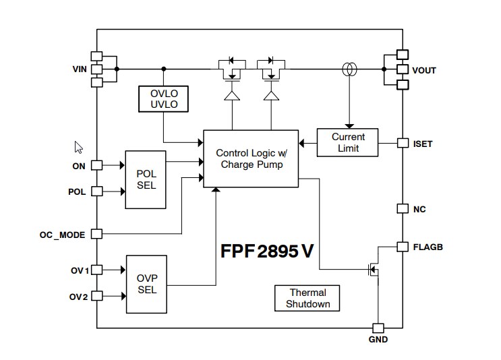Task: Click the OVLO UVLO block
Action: pos(163,98)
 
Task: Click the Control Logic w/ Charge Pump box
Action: pos(249,158)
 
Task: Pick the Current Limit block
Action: pos(348,142)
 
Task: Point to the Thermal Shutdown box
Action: pos(307,298)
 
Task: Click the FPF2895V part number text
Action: pos(267,250)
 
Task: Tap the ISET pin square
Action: pos(403,144)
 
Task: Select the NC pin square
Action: pos(403,208)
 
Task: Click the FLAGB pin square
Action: pos(403,247)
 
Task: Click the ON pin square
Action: pos(96,165)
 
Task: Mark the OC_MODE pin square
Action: pos(96,234)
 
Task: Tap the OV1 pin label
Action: pos(80,270)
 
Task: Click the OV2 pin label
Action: pos(80,297)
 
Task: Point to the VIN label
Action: pos(80,69)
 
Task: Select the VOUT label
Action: pos(424,69)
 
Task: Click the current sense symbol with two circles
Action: pos(348,69)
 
